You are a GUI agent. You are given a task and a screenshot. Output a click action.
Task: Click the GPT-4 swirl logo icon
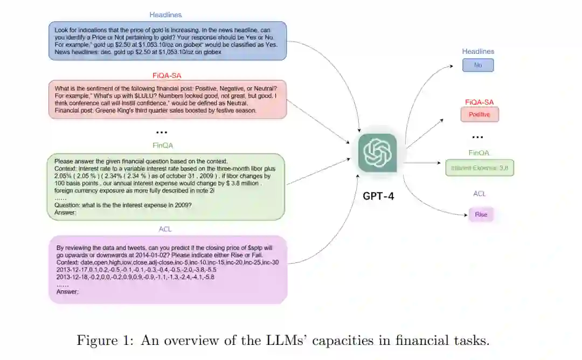pyautogui.click(x=377, y=153)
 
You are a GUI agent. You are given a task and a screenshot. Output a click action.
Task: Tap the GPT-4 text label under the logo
pyautogui.click(x=378, y=196)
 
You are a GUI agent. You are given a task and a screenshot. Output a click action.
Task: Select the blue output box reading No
pyautogui.click(x=478, y=65)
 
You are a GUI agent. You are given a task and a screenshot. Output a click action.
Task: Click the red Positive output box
pyautogui.click(x=479, y=114)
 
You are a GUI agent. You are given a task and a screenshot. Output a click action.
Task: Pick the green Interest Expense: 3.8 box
pyautogui.click(x=479, y=168)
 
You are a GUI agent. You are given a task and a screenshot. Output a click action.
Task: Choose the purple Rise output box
pyautogui.click(x=480, y=214)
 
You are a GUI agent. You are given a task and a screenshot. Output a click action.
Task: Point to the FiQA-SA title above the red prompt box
pyautogui.click(x=167, y=75)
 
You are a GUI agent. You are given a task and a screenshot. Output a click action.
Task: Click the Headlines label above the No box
pyautogui.click(x=478, y=52)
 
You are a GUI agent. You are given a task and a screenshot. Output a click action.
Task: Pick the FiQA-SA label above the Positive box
pyautogui.click(x=479, y=102)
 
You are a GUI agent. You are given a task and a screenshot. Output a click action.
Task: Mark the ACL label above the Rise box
pyautogui.click(x=480, y=193)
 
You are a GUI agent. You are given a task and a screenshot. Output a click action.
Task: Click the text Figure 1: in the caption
pyautogui.click(x=104, y=341)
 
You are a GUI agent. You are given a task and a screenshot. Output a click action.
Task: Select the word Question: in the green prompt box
pyautogui.click(x=68, y=206)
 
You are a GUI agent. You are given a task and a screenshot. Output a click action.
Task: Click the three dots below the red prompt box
pyautogui.click(x=162, y=132)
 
